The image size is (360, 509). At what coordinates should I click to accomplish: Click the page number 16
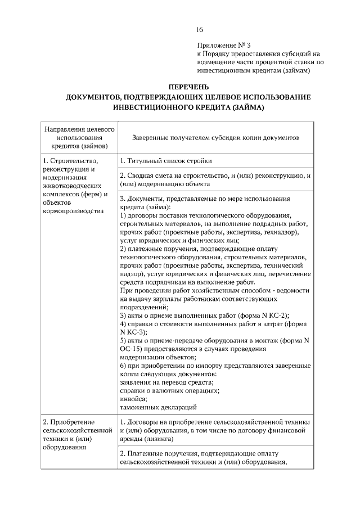(200, 30)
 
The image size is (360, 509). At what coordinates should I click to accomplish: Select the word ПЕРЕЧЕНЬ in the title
(188, 87)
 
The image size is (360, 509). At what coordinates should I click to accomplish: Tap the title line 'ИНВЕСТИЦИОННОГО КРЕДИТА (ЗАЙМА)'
(188, 106)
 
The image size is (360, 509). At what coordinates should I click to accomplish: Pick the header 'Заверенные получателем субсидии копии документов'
(215, 138)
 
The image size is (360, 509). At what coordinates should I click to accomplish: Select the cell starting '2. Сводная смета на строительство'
(215, 179)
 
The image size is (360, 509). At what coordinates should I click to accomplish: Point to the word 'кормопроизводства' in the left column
(73, 211)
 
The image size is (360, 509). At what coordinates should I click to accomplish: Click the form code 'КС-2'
(278, 316)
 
